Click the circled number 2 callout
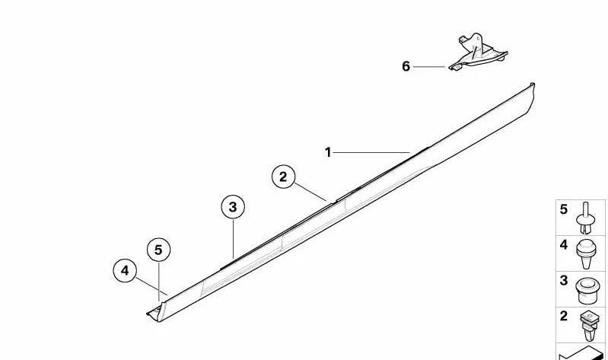[x=283, y=177]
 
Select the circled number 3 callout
[x=233, y=207]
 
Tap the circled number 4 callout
[x=125, y=270]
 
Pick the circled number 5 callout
[x=158, y=250]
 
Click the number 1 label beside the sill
[x=328, y=152]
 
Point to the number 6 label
[x=406, y=66]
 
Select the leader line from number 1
[x=371, y=152]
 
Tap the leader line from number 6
[x=429, y=67]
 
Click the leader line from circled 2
[x=310, y=192]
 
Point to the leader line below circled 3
[x=234, y=238]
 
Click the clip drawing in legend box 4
[x=586, y=253]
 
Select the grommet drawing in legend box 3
[x=586, y=290]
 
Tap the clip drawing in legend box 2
[x=590, y=326]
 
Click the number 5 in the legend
[x=563, y=209]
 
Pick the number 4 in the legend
[x=563, y=245]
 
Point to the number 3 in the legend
[x=563, y=281]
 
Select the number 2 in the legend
[x=563, y=316]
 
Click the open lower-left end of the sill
[x=156, y=313]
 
